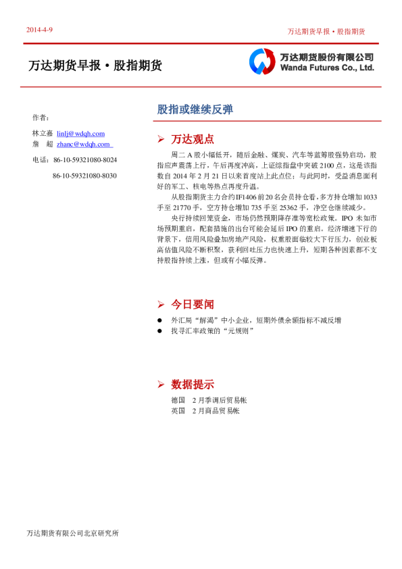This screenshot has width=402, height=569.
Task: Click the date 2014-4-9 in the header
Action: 39,30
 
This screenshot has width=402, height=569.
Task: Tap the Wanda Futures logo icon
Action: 261,61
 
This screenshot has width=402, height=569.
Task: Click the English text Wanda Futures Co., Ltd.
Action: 326,68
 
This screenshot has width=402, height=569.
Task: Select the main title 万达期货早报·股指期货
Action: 95,66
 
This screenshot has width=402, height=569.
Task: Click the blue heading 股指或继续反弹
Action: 185,109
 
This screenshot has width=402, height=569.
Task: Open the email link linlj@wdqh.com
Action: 80,134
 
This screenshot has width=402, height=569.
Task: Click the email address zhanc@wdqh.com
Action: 84,144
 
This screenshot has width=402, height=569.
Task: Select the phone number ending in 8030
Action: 84,176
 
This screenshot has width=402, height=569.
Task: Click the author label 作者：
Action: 41,117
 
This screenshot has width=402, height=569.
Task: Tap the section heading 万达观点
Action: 193,139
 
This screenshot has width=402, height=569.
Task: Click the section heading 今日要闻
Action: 193,304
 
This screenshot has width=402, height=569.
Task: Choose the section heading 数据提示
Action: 193,385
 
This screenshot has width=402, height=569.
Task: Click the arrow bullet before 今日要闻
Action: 161,304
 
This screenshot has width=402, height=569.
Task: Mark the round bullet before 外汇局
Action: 160,320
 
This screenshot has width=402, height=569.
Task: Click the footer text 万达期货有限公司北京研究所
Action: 72,533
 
